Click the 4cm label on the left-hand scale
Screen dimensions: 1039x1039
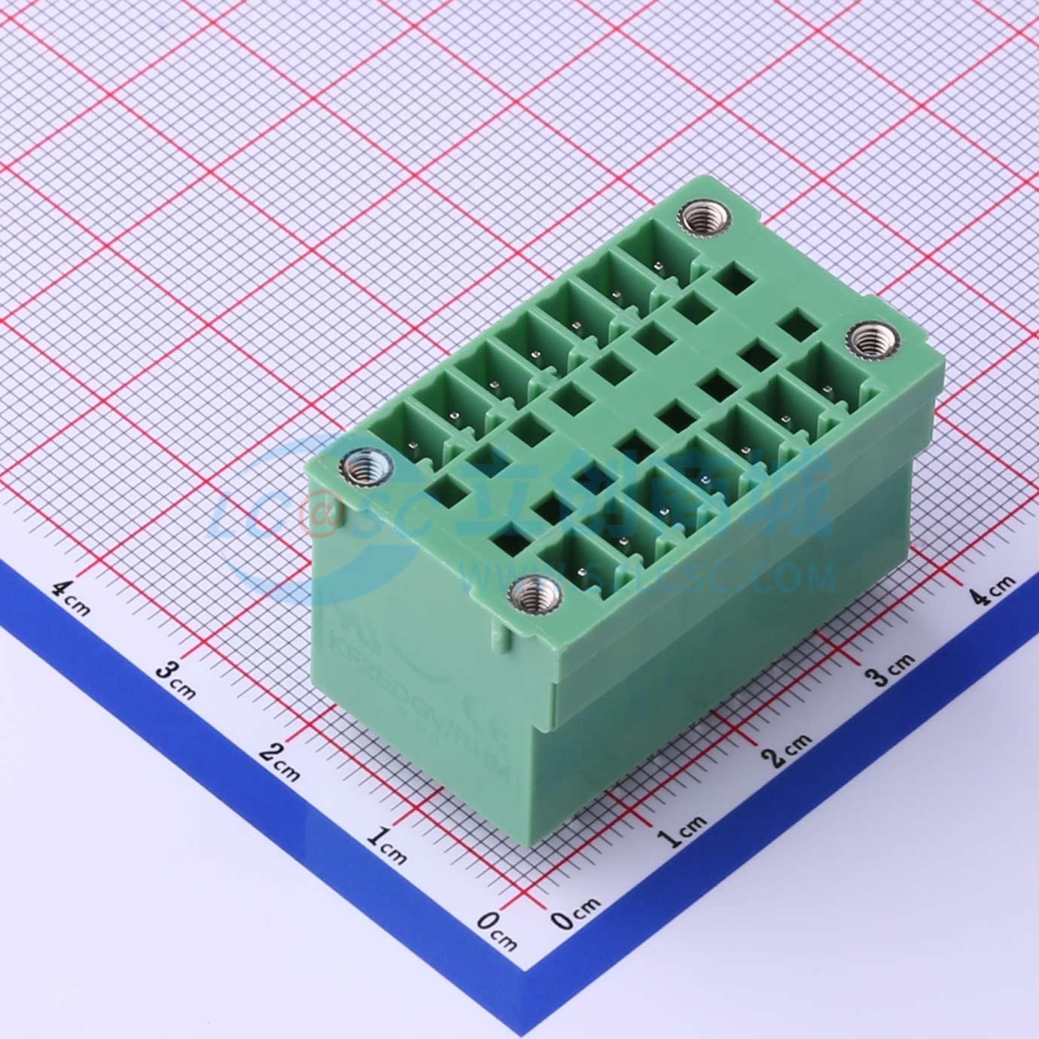point(72,596)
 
